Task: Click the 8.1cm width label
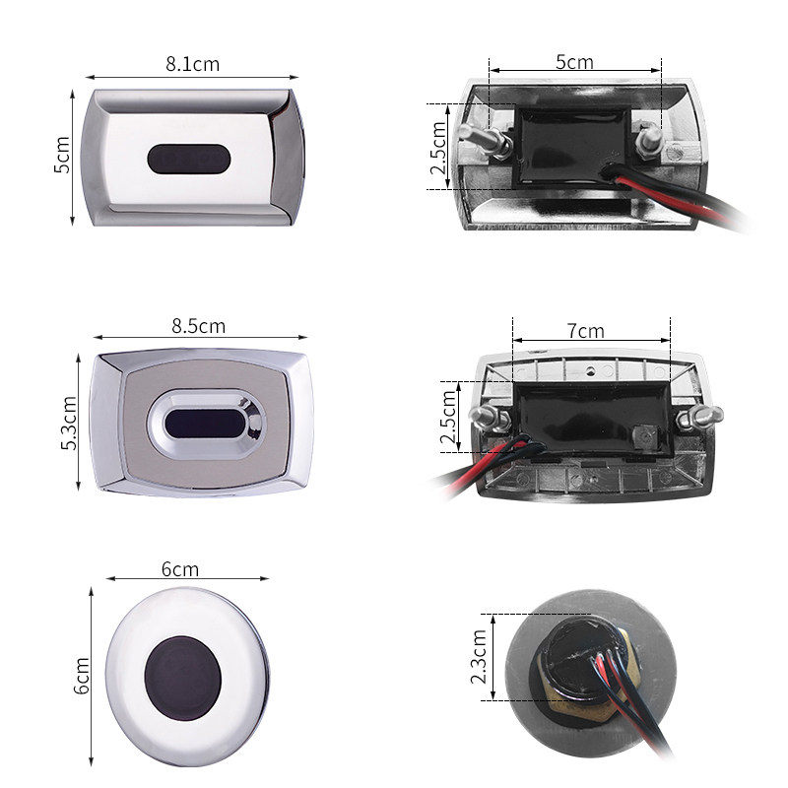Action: (x=192, y=64)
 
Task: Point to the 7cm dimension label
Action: (x=585, y=330)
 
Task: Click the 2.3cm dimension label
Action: (x=479, y=658)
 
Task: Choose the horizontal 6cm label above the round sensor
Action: (x=179, y=569)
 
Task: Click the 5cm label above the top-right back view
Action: (x=573, y=62)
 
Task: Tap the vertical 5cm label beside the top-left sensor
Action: (x=61, y=156)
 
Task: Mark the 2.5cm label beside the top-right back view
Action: (x=438, y=148)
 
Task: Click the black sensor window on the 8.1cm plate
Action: (x=187, y=158)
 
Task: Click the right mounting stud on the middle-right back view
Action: (x=697, y=417)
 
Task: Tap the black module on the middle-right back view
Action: (x=581, y=419)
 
